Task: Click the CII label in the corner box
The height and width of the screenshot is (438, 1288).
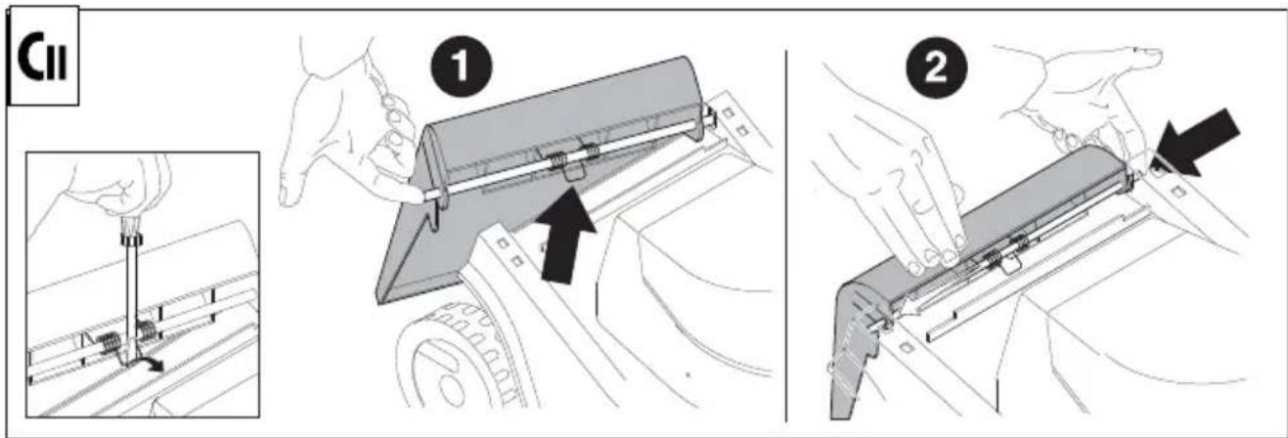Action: [x=43, y=57]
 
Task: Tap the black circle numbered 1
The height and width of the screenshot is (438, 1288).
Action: [x=462, y=67]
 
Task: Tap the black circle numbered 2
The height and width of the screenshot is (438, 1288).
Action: [x=937, y=67]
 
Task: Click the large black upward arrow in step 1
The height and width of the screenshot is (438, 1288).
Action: [x=565, y=237]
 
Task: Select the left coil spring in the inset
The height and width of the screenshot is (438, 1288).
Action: [x=109, y=344]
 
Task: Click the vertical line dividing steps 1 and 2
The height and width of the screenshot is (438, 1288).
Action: [x=786, y=236]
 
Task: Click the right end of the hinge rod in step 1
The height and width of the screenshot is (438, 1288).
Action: [x=713, y=119]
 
